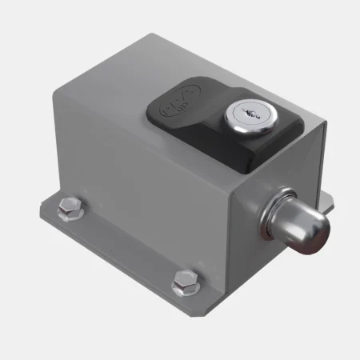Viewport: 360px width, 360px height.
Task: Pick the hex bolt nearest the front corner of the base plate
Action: click(184, 282)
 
